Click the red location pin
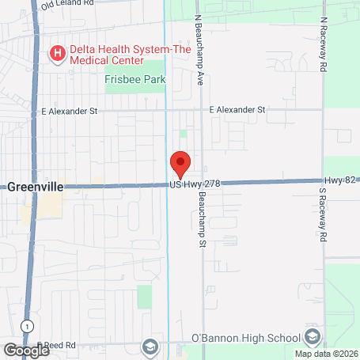pos(180,163)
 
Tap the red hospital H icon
pos(58,54)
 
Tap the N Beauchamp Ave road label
pos(199,50)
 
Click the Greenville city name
pos(35,188)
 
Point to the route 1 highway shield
pos(28,325)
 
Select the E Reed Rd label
pos(57,345)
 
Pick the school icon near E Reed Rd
pos(149,347)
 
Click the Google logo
pos(26,349)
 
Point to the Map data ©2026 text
pos(326,354)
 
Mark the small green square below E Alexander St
pos(184,134)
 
